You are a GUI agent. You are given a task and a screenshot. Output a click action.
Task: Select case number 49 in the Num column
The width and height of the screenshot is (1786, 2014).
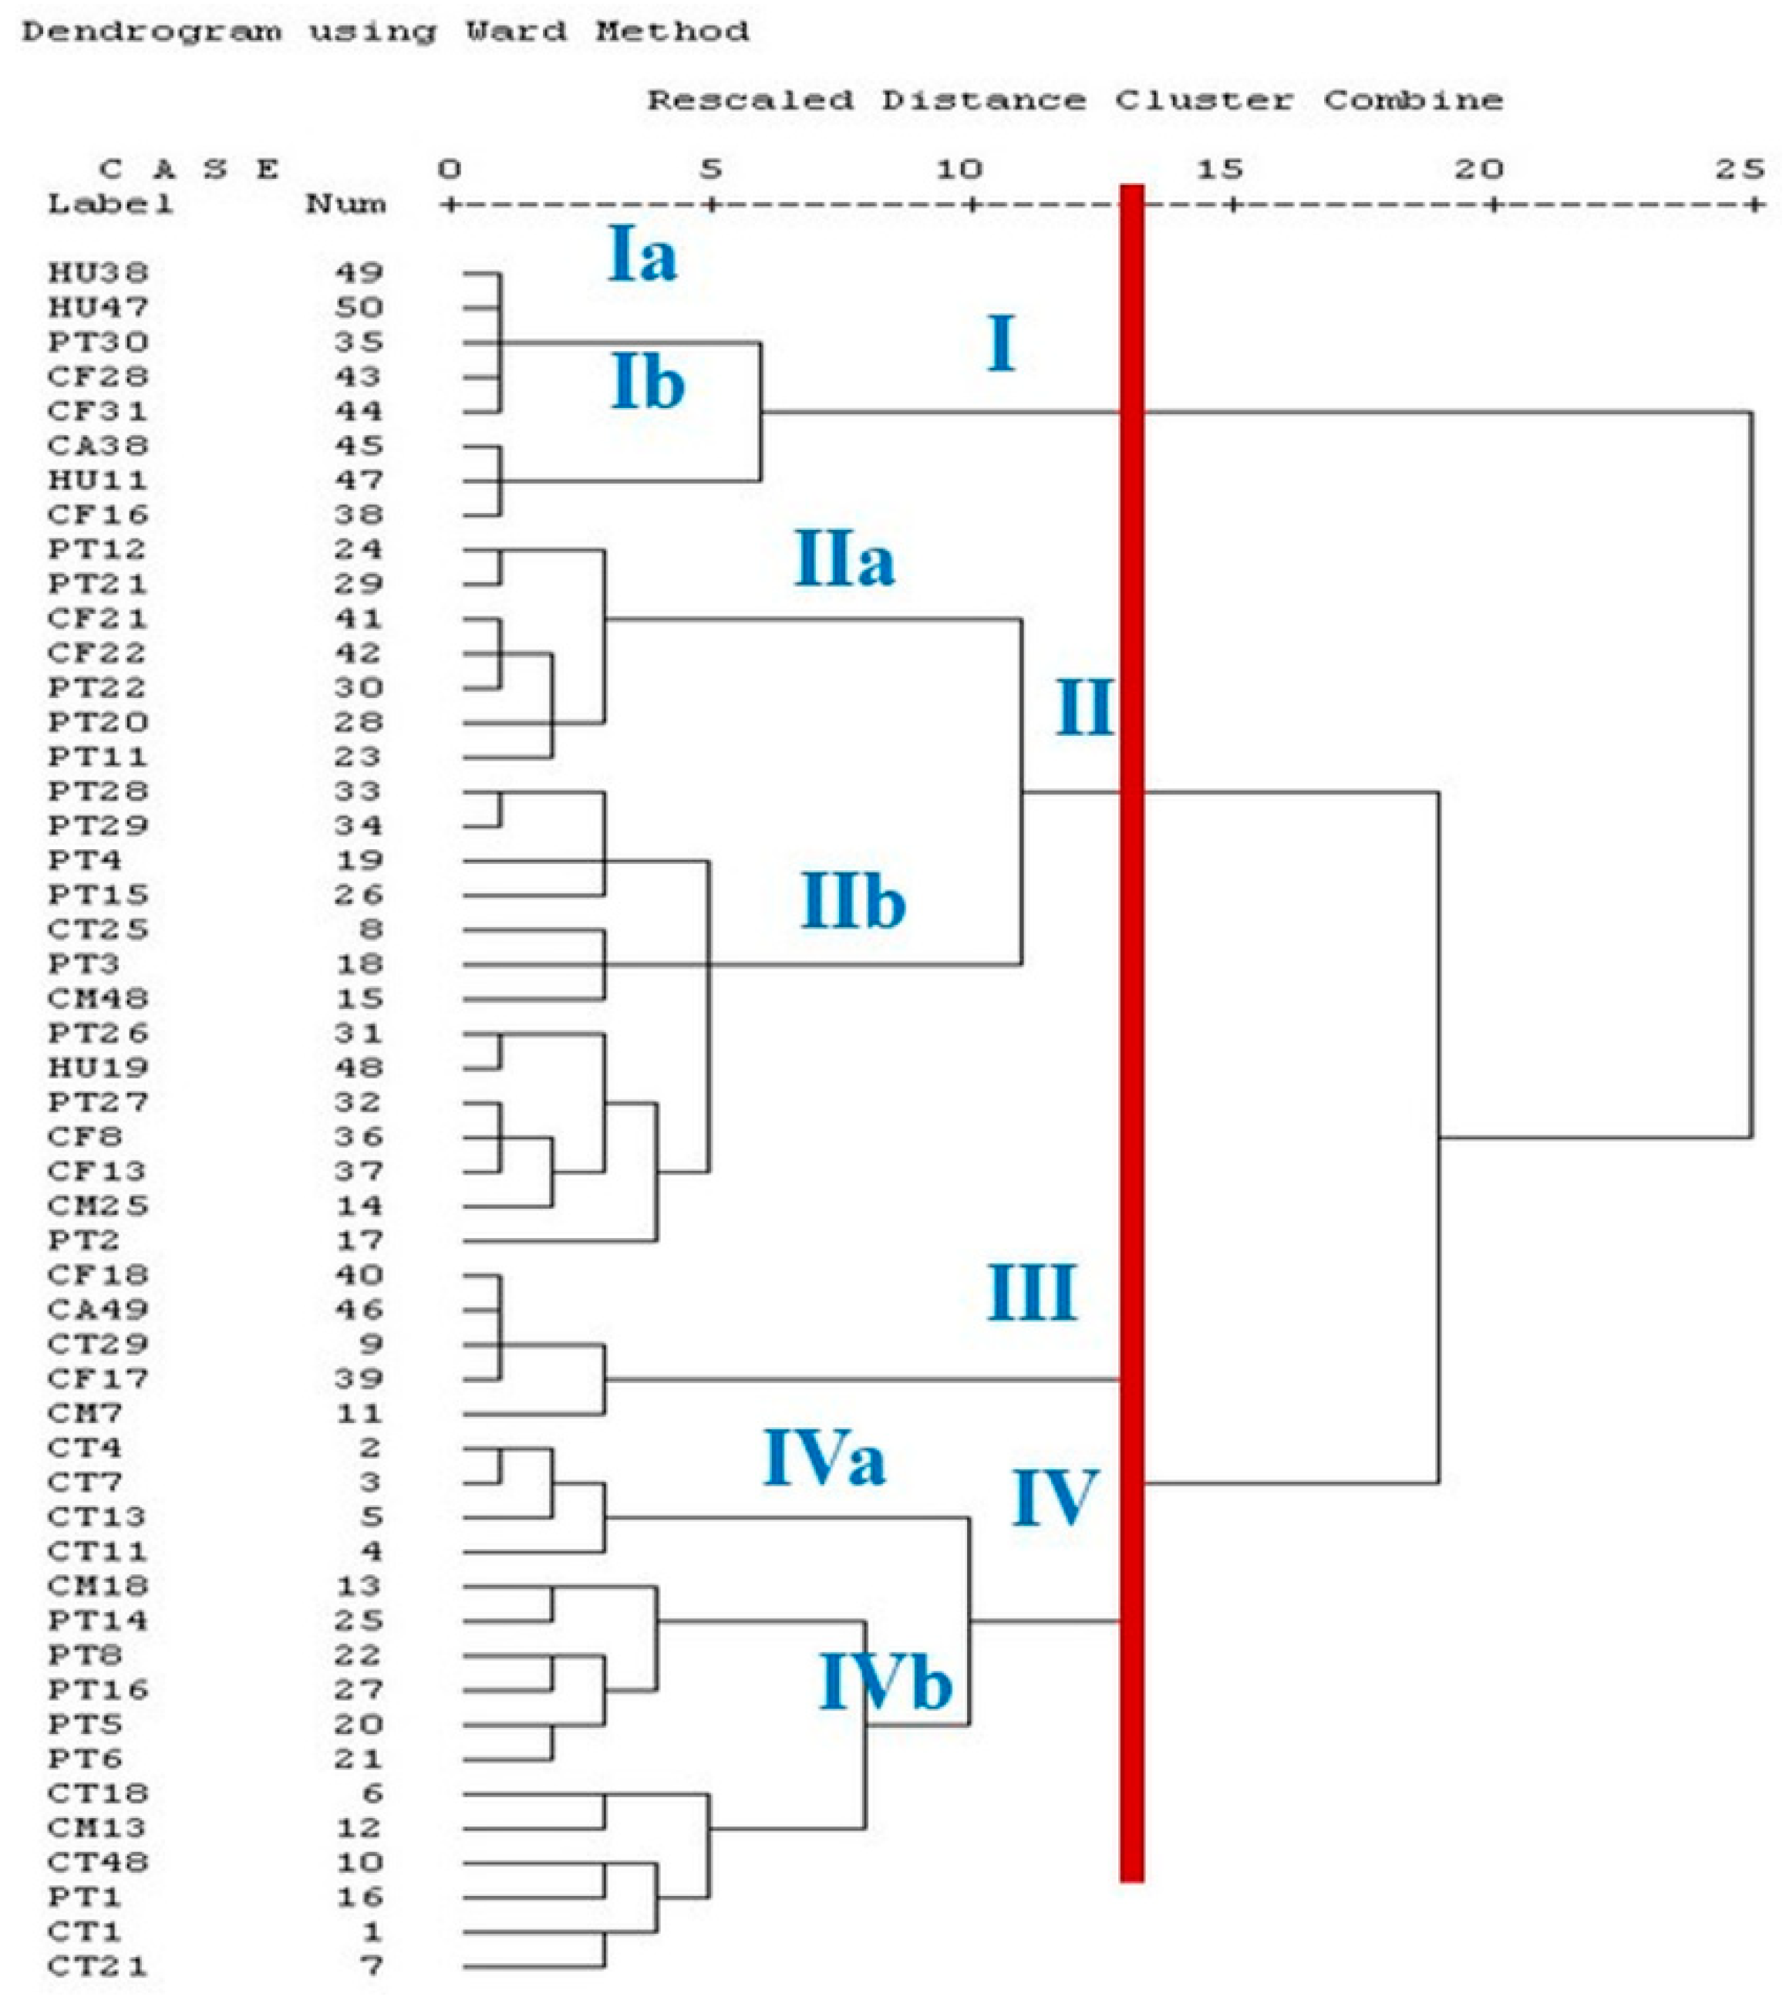358,273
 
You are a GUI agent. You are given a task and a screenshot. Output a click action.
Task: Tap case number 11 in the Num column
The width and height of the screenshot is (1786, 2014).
358,1414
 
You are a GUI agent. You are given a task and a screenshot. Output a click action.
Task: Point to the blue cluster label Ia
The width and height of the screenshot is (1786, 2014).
642,255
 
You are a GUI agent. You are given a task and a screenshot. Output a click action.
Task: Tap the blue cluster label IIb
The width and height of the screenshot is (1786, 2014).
853,902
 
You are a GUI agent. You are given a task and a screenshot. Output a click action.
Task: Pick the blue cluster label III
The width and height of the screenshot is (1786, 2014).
1031,1293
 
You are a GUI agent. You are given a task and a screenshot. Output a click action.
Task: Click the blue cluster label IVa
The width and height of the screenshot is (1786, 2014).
824,1459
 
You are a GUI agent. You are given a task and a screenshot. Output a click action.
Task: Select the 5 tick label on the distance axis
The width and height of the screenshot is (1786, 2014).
710,170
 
